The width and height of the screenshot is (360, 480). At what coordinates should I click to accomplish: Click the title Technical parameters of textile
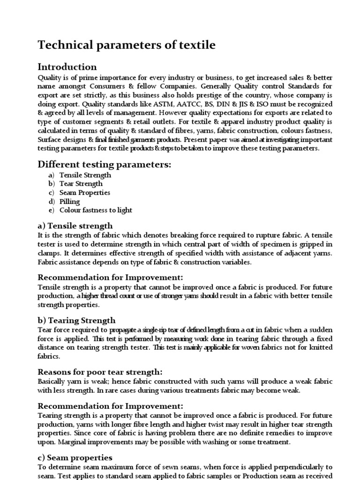point(127,45)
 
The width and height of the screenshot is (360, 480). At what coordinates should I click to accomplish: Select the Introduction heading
point(67,67)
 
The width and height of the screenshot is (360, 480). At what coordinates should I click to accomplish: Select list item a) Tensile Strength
point(80,175)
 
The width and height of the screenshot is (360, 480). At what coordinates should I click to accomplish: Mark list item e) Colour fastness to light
point(90,210)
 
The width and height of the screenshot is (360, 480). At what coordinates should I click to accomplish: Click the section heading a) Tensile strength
point(75,226)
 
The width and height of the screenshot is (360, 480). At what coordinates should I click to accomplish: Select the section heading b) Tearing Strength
point(76,321)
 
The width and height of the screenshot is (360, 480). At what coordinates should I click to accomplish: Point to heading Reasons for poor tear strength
point(100,372)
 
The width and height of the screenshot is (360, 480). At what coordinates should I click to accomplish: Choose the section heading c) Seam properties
point(75,457)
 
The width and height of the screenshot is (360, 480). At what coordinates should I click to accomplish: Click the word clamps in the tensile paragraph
point(49,253)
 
